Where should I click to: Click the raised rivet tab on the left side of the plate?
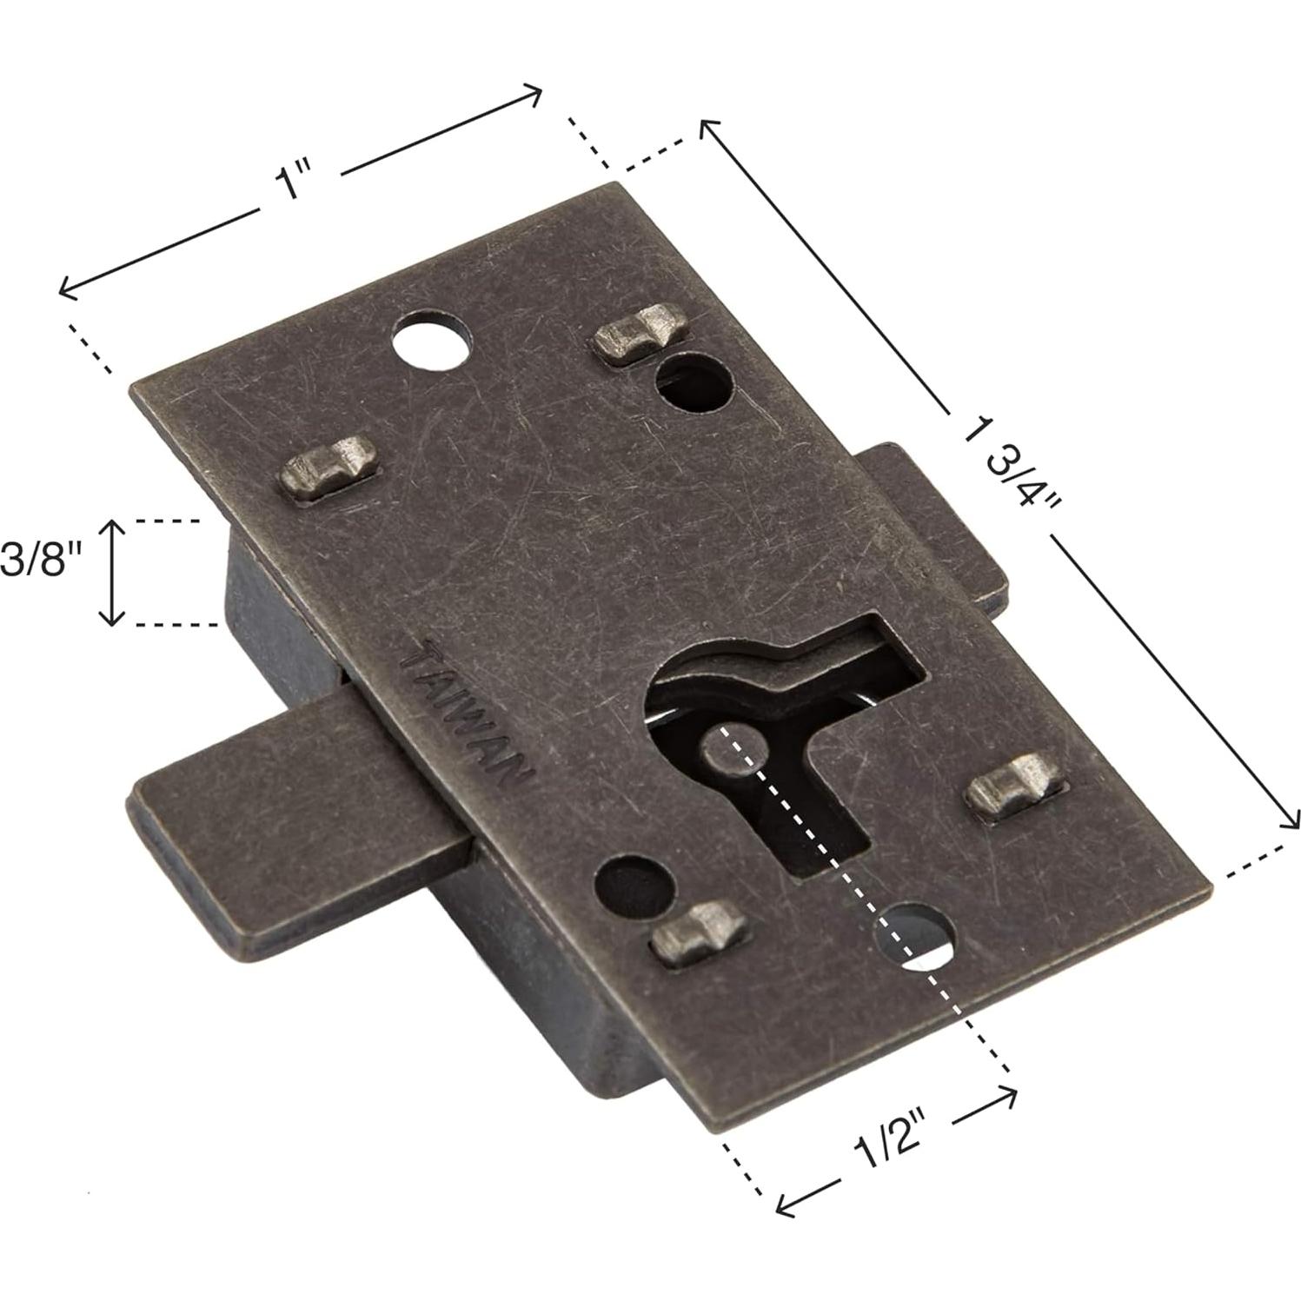(x=330, y=468)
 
